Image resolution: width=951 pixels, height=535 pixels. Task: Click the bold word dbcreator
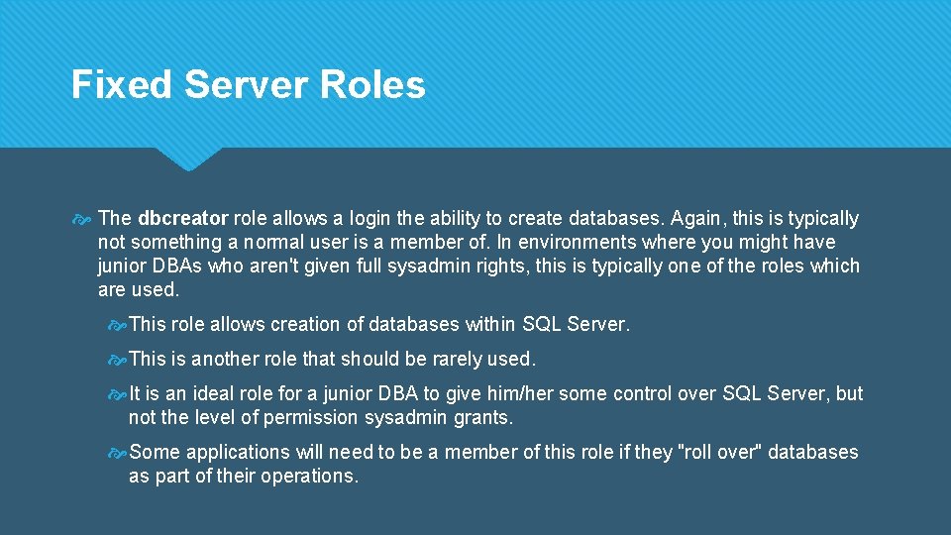(183, 218)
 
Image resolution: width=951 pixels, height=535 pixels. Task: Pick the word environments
(581, 242)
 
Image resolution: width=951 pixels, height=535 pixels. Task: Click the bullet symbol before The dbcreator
(81, 219)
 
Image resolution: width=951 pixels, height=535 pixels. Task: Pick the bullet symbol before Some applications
(116, 453)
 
